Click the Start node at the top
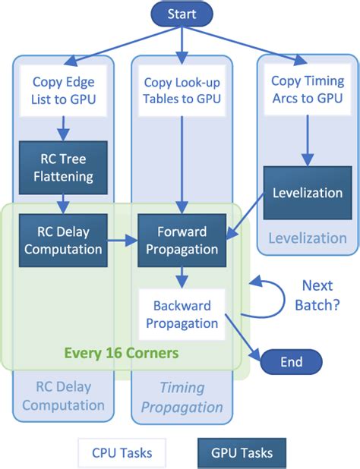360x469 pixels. pyautogui.click(x=181, y=14)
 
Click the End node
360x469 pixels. pyautogui.click(x=291, y=362)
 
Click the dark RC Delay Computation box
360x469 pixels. pyautogui.click(x=64, y=238)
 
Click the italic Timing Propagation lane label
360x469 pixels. pyautogui.click(x=182, y=397)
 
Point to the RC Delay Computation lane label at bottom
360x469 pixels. pyautogui.click(x=62, y=395)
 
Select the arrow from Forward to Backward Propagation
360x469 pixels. pyautogui.click(x=181, y=276)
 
